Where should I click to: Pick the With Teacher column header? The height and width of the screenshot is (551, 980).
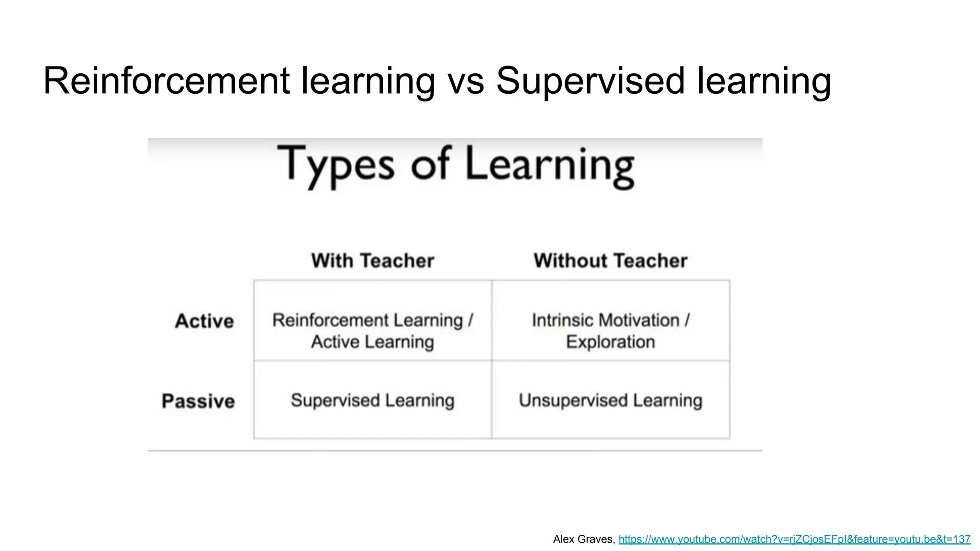pyautogui.click(x=373, y=261)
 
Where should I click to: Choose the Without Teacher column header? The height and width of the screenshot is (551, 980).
pyautogui.click(x=611, y=261)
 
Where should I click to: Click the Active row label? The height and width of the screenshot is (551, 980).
pyautogui.click(x=204, y=321)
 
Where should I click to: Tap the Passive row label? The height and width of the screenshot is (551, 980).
pyautogui.click(x=198, y=401)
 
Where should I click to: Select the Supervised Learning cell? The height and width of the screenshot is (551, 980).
pyautogui.click(x=373, y=400)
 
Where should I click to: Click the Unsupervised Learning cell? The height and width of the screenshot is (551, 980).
pyautogui.click(x=611, y=400)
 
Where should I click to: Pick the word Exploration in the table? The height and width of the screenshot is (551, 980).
pyautogui.click(x=611, y=342)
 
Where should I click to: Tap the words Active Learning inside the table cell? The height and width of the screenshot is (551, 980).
pyautogui.click(x=373, y=342)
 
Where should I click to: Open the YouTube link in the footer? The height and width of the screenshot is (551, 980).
pyautogui.click(x=794, y=540)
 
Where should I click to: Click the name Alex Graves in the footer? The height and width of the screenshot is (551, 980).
pyautogui.click(x=583, y=540)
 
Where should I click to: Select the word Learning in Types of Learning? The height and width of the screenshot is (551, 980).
pyautogui.click(x=550, y=165)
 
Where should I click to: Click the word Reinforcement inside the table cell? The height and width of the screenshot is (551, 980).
pyautogui.click(x=331, y=320)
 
